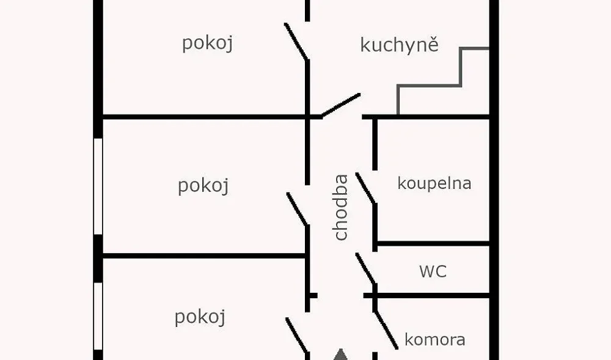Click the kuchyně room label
click(400, 45)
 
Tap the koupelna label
click(434, 183)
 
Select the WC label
click(433, 271)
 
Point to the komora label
click(435, 339)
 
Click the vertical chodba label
click(341, 207)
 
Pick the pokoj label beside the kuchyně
click(207, 43)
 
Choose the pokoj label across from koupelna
click(203, 186)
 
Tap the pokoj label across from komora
click(200, 317)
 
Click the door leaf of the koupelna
click(365, 188)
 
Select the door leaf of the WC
click(365, 269)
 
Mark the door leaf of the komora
click(386, 330)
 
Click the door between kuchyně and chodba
click(340, 105)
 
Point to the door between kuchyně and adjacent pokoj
click(296, 42)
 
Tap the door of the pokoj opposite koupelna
click(298, 209)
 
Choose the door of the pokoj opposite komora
click(297, 335)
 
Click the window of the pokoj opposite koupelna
click(98, 186)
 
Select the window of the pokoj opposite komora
click(98, 316)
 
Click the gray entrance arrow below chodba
click(341, 355)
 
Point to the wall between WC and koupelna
click(433, 243)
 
